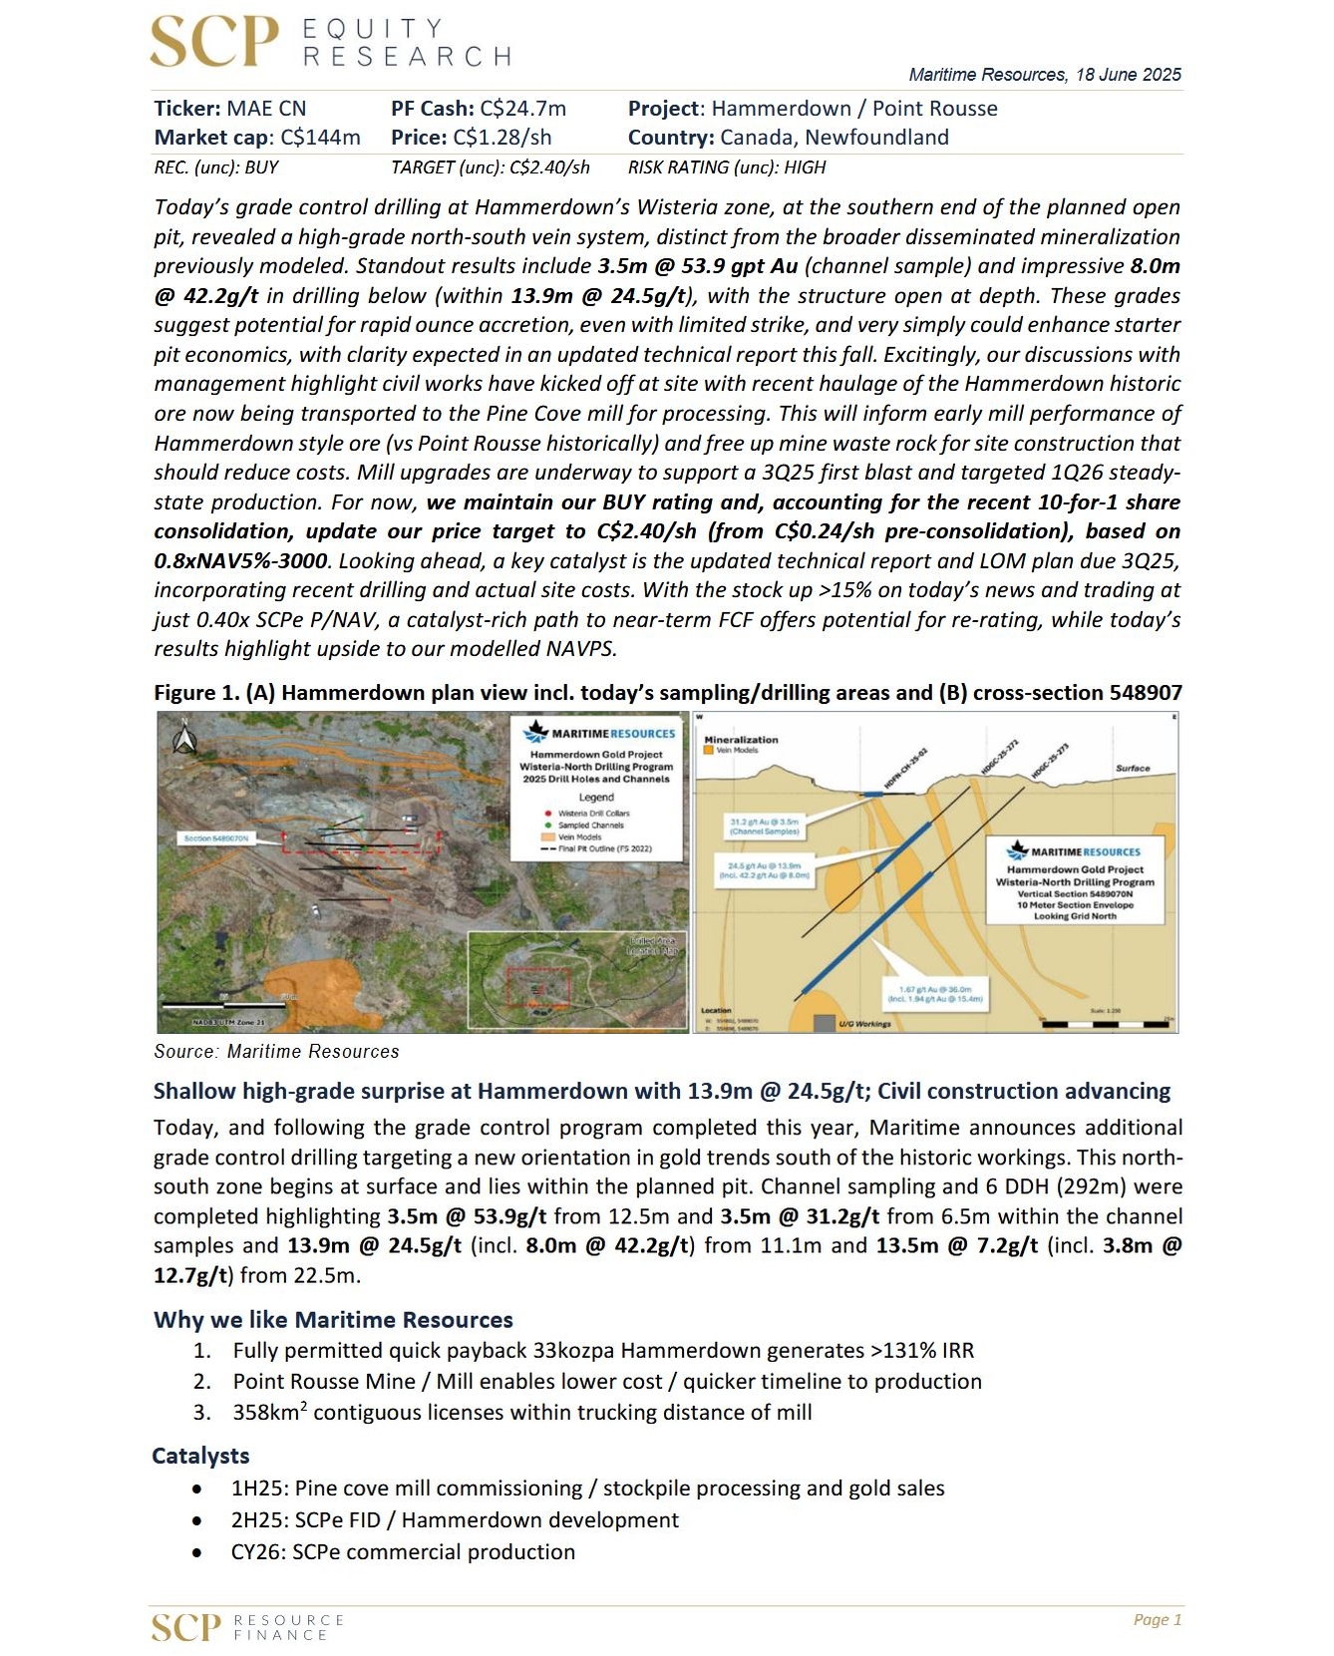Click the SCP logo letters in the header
[213, 43]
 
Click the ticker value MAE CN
[266, 109]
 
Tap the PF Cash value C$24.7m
[522, 109]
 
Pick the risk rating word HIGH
[805, 167]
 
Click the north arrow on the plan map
[184, 738]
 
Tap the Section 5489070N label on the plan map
[216, 838]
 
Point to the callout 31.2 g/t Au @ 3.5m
[765, 826]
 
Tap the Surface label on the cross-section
[1132, 769]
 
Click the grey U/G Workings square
[824, 1023]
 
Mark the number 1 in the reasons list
[202, 1351]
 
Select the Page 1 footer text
[1157, 1620]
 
